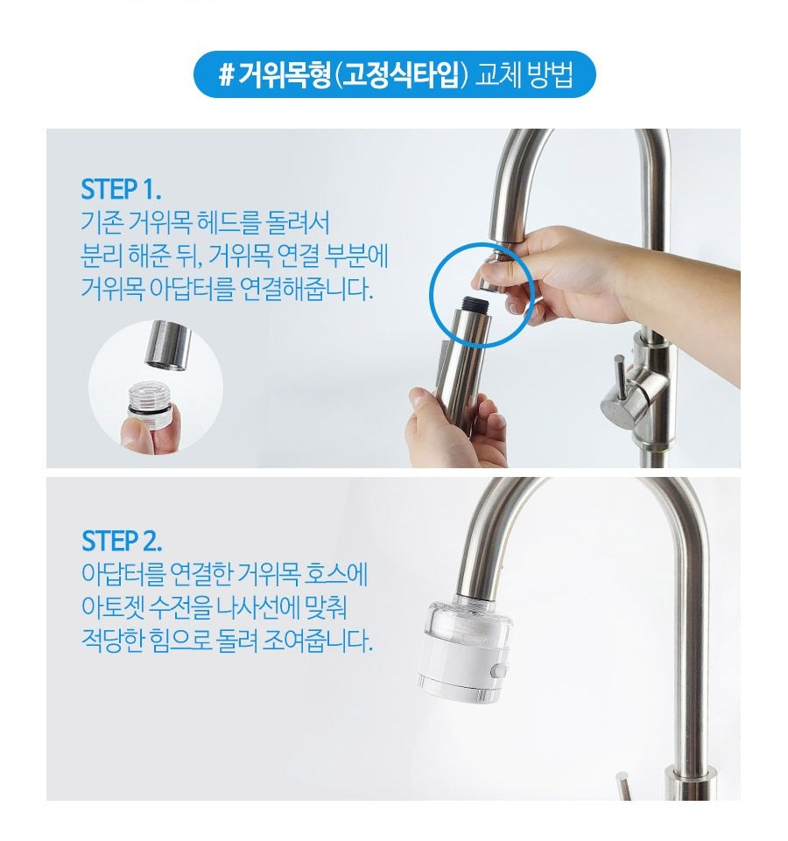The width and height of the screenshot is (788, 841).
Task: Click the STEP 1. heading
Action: pos(121,189)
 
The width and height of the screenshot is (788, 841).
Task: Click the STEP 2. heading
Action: pos(122,539)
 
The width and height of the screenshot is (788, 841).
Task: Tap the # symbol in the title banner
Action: pos(224,75)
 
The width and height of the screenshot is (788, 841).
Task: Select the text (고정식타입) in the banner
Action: pos(399,75)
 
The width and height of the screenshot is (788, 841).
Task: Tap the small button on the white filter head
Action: pos(499,670)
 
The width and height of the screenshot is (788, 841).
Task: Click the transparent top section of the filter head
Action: pos(460,617)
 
